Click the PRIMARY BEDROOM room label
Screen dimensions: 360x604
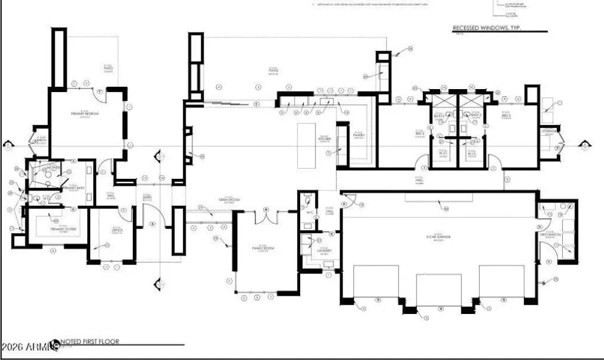[x=84, y=113]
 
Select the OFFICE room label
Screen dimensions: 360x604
[x=117, y=230]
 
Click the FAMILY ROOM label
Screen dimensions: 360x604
[x=264, y=248]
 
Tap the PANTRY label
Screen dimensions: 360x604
[x=359, y=135]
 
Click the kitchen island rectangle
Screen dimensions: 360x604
[x=307, y=145]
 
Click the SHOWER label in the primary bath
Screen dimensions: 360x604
[x=54, y=168]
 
